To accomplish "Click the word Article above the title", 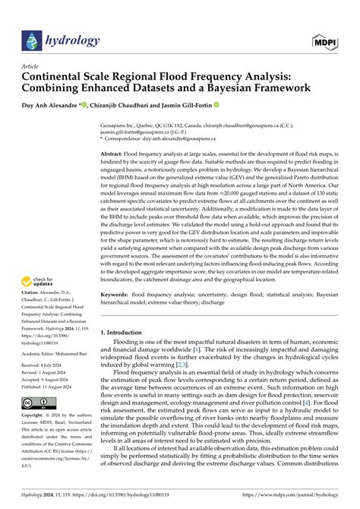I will point(35,66).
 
